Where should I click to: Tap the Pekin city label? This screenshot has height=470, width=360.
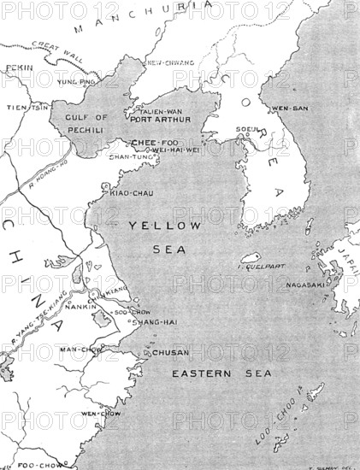tap(17, 67)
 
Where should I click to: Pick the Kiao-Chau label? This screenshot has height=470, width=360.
tap(132, 193)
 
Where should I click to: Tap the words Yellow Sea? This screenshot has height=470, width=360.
tap(164, 235)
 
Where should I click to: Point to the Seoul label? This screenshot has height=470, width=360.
tap(248, 130)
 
